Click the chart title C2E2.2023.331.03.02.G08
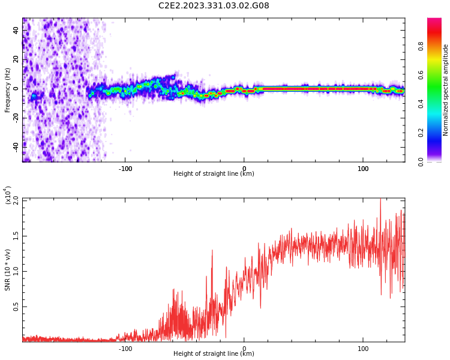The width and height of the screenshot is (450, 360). (214, 5)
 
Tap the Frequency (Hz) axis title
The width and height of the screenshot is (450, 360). (7, 90)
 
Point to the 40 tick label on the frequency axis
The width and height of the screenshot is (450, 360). (16, 31)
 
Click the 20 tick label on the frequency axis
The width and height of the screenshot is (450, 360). (16, 59)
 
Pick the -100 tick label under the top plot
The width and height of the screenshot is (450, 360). (125, 169)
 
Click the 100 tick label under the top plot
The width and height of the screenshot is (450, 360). (363, 169)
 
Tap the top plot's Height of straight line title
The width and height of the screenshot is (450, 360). (214, 173)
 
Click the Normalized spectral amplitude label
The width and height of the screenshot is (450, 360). (445, 90)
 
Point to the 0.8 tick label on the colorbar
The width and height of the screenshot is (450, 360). (421, 46)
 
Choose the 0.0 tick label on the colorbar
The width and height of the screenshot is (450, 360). (421, 161)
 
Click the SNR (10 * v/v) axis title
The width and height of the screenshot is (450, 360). (7, 270)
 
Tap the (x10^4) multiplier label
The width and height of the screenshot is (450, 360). (7, 196)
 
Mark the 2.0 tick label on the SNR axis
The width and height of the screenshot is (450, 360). (16, 200)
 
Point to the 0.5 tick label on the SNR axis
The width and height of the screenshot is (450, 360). (16, 307)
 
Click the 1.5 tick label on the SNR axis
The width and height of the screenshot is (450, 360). (16, 236)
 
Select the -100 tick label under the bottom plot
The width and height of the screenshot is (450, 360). (125, 349)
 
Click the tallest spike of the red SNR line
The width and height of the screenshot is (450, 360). (380, 199)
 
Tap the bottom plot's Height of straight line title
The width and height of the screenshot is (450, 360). (214, 353)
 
